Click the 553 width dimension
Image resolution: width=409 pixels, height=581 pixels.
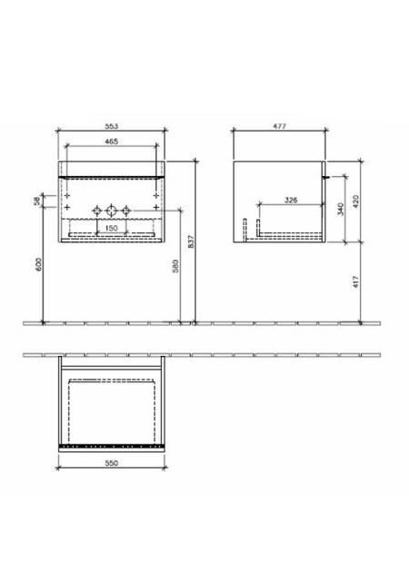[112, 126]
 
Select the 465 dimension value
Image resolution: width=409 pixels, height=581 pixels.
[112, 142]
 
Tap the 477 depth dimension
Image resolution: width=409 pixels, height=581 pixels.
[279, 126]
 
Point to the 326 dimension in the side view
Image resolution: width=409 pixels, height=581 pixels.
[291, 200]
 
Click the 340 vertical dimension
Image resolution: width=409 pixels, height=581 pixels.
[341, 209]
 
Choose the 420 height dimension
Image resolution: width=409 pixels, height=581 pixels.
[356, 202]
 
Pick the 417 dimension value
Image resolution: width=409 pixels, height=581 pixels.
[356, 282]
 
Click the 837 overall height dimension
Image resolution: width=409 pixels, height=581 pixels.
[192, 241]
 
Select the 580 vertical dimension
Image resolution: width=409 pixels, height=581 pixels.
[176, 266]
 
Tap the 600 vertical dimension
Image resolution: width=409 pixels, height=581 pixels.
[39, 263]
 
